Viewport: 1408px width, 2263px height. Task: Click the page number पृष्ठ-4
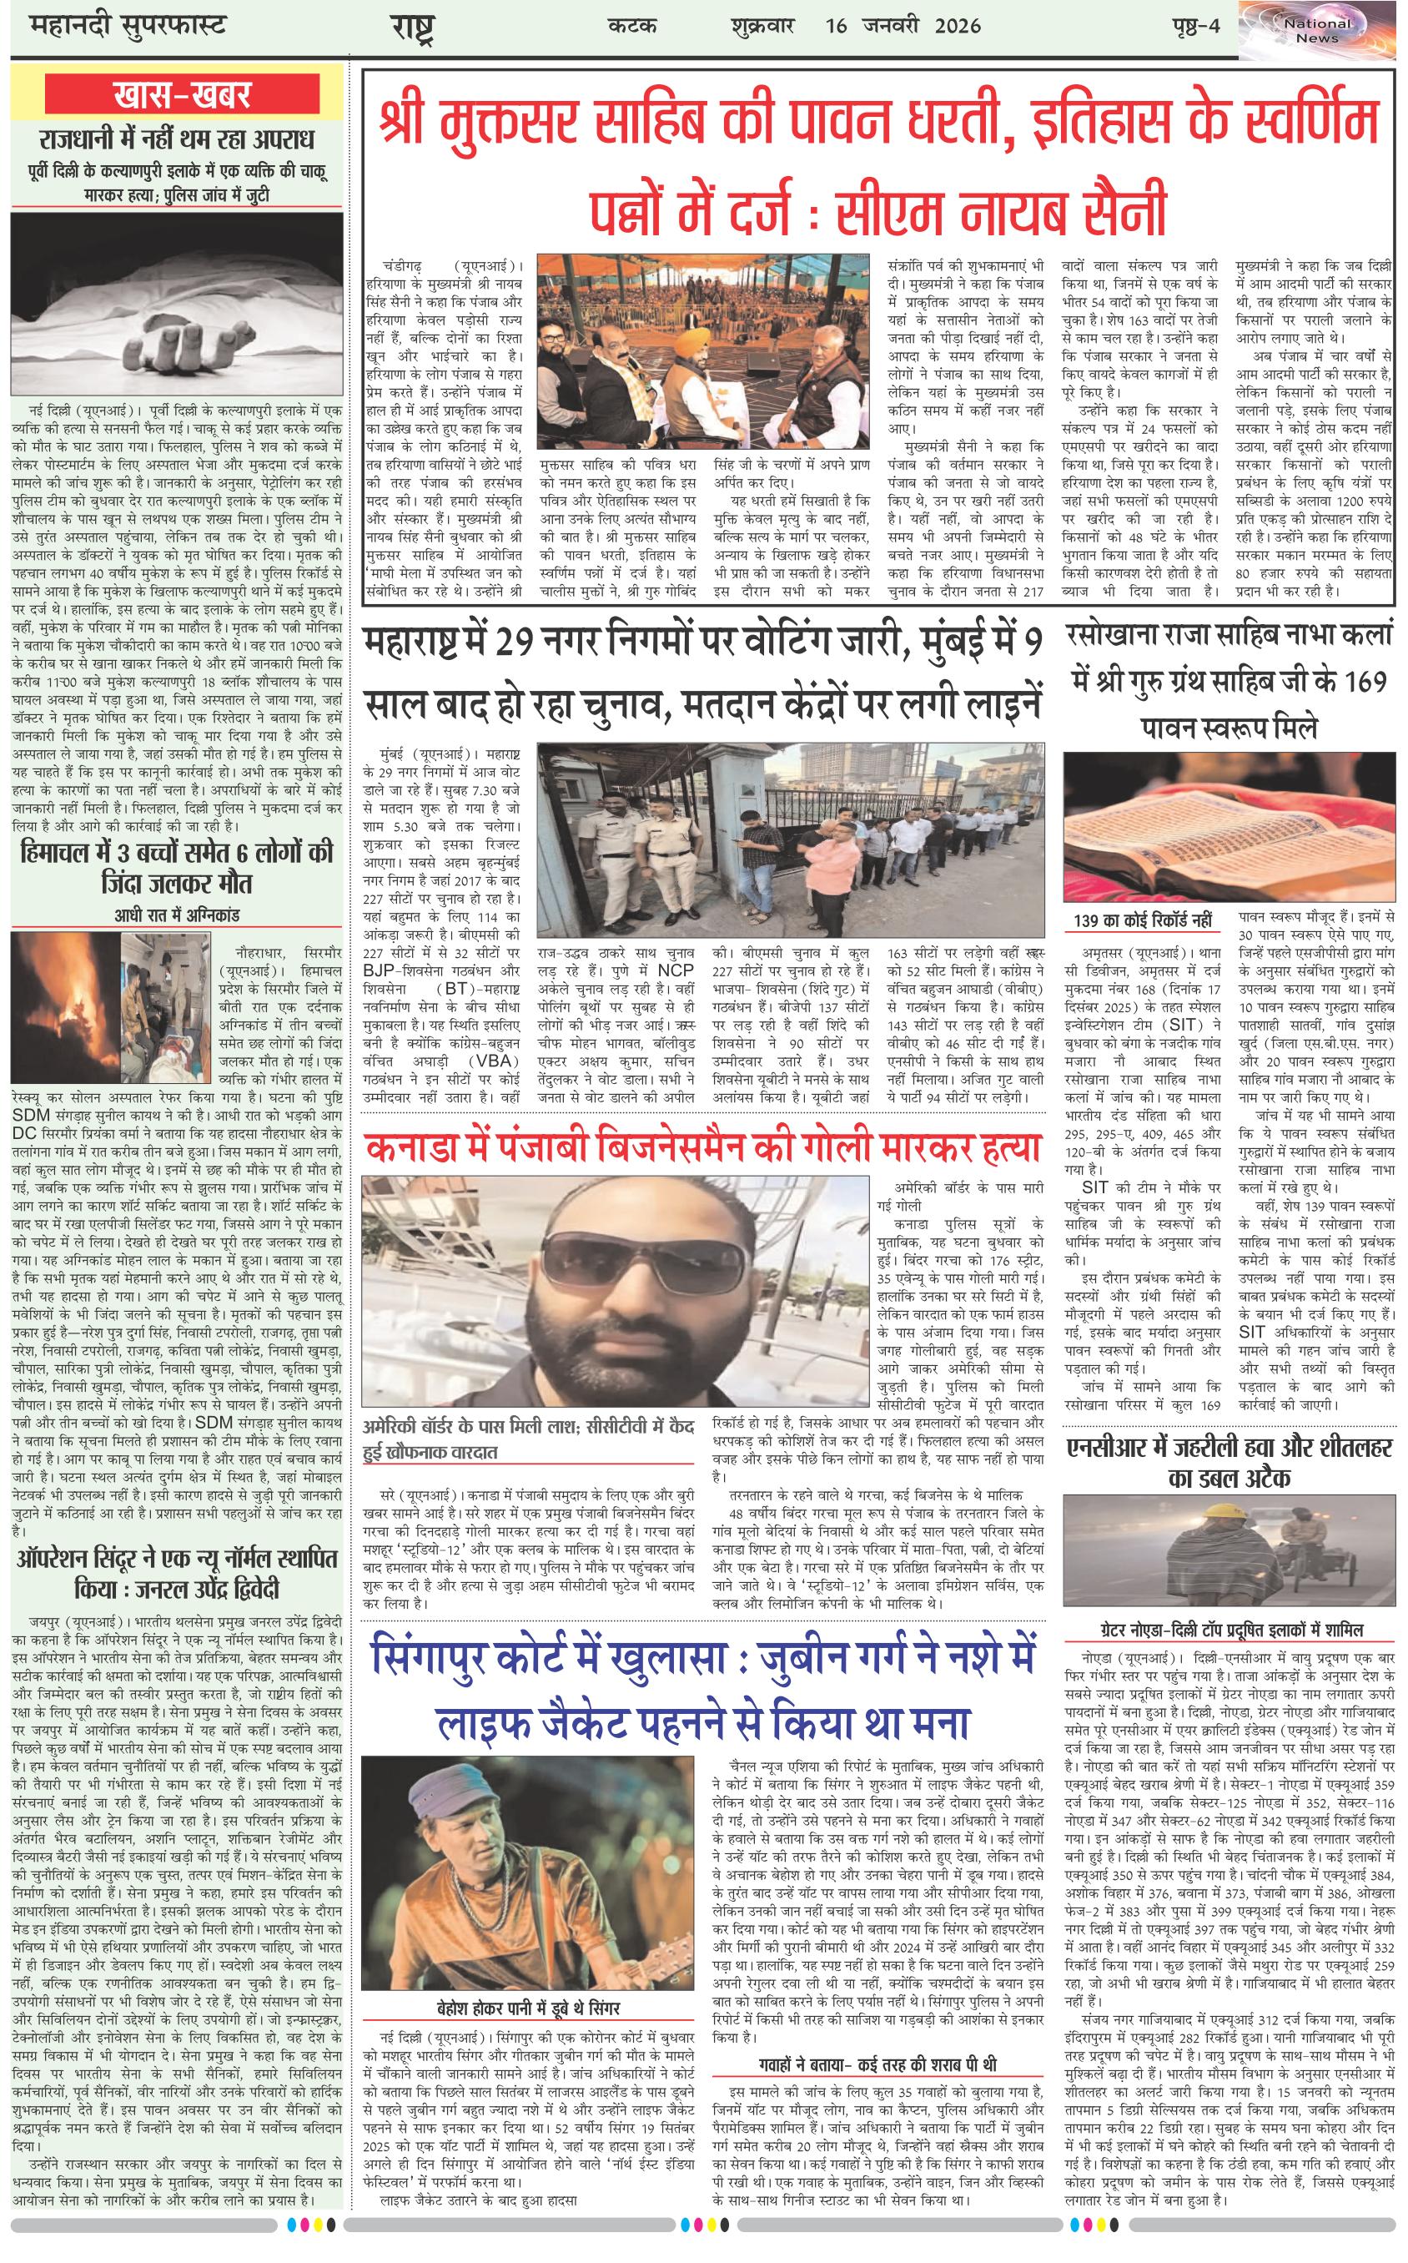[1194, 26]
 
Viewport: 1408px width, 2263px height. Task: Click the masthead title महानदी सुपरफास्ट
[121, 25]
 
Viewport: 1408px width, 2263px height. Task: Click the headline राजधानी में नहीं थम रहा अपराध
[177, 141]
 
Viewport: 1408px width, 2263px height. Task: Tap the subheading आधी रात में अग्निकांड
[176, 915]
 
